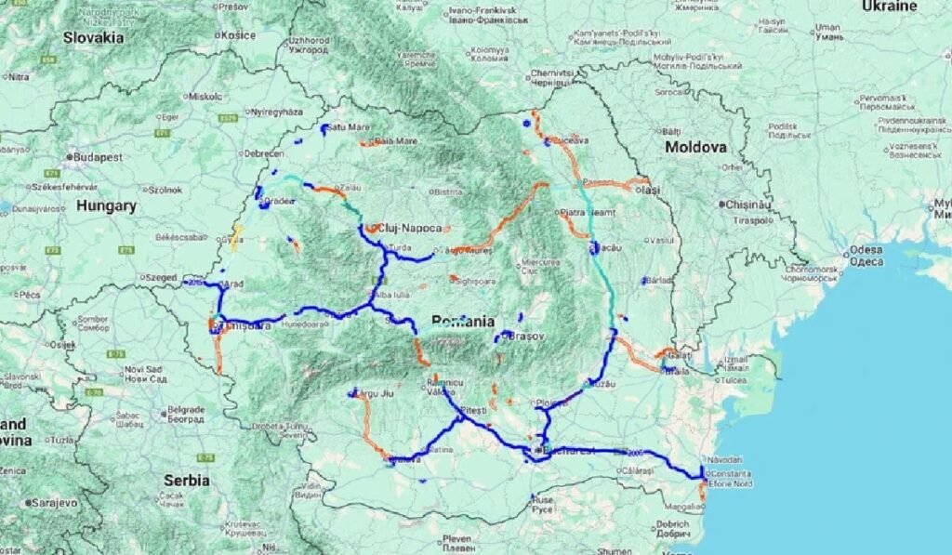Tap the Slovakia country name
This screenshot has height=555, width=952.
pos(93,38)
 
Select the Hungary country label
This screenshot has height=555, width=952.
pos(106,205)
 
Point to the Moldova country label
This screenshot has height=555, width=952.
pos(695,147)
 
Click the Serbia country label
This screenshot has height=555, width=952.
pos(187,481)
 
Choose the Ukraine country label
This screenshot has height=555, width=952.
pos(890,6)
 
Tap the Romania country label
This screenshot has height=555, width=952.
pos(462,321)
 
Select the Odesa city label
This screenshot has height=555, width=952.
pos(866,250)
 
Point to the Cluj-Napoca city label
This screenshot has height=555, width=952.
pos(408,227)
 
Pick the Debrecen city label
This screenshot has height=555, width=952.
pos(263,153)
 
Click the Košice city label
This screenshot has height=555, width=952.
pos(237,35)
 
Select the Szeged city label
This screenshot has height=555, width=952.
pos(161,277)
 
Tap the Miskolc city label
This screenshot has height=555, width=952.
pos(205,96)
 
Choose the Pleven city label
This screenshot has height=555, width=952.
pos(456,538)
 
